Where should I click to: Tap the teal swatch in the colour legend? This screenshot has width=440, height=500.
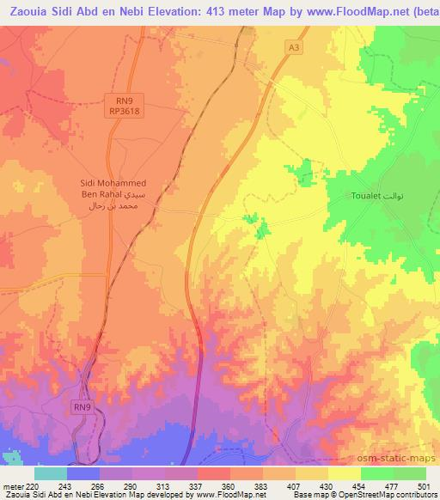point(50,473)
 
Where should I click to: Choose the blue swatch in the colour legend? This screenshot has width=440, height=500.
point(82,473)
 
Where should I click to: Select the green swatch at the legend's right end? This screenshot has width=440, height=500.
point(409,473)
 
